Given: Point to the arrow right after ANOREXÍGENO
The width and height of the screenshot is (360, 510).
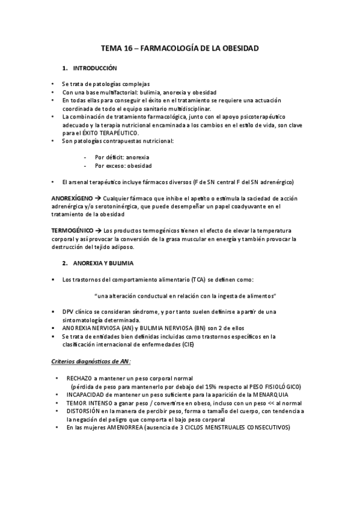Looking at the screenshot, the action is tap(99, 198).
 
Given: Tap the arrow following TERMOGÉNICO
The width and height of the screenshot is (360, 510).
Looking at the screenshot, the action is tap(99, 230).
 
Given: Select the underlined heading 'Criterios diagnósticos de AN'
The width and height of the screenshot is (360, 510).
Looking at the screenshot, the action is tap(90, 361).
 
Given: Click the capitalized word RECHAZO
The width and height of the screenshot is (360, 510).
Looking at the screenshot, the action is tap(79, 378).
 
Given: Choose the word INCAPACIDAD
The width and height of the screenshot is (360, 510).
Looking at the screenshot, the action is tap(87, 395).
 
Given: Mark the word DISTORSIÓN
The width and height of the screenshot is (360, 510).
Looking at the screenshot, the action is tap(85, 411).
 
